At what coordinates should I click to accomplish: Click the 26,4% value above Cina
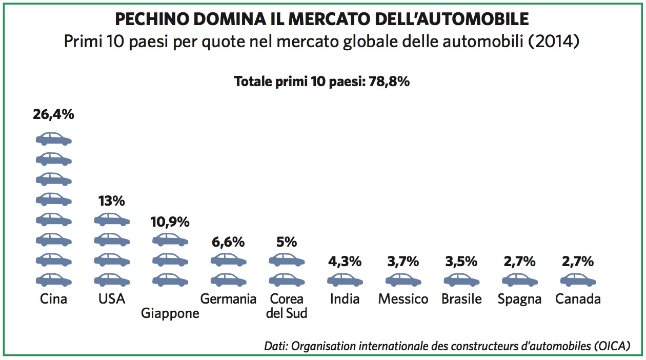(53, 114)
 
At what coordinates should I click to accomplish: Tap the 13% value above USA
(112, 201)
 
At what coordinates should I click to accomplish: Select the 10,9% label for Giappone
(170, 222)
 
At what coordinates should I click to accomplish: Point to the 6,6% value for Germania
(228, 242)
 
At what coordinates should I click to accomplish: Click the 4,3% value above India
(345, 262)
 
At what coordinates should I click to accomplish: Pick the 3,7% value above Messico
(403, 262)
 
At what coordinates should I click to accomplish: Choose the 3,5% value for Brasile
(461, 262)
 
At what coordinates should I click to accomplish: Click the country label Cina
(53, 299)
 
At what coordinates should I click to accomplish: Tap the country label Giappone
(170, 313)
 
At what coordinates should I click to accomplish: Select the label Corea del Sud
(287, 306)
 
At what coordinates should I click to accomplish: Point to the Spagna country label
(519, 299)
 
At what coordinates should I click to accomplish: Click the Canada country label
(578, 299)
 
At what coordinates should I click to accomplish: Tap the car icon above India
(345, 280)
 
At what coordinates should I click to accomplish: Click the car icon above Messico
(403, 280)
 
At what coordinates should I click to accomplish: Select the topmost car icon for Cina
(53, 139)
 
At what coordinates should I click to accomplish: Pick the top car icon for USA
(112, 220)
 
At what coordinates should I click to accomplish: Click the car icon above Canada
(578, 280)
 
